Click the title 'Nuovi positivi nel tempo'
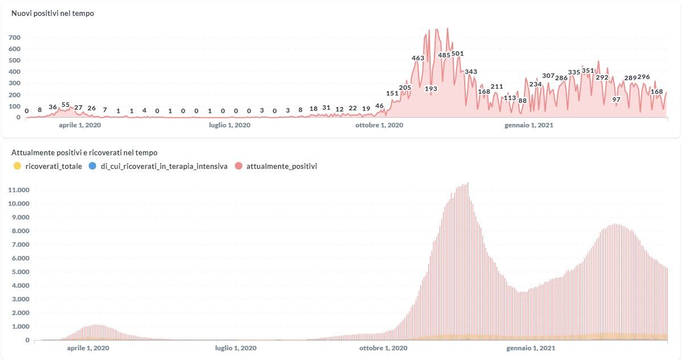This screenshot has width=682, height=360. (x=52, y=14)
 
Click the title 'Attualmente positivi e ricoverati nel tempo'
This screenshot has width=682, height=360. (x=84, y=152)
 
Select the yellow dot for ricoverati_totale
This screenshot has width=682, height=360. (x=17, y=166)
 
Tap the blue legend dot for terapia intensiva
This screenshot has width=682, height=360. (x=93, y=166)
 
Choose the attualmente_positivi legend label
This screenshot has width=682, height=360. (x=282, y=166)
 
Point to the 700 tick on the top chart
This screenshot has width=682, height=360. (x=14, y=38)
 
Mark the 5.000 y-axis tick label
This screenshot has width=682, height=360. (x=20, y=272)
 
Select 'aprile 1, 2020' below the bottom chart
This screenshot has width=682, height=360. (x=88, y=347)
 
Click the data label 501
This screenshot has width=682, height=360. (x=457, y=54)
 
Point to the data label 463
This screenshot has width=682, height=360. (x=418, y=58)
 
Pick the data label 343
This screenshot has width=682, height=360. (x=471, y=72)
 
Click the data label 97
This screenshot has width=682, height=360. (x=616, y=100)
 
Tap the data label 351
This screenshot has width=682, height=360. (x=588, y=71)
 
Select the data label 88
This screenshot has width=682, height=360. (x=522, y=101)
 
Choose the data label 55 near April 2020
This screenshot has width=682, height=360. (x=65, y=105)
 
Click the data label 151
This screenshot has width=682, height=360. (x=392, y=93)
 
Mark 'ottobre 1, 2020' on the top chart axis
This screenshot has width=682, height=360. (x=379, y=125)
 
